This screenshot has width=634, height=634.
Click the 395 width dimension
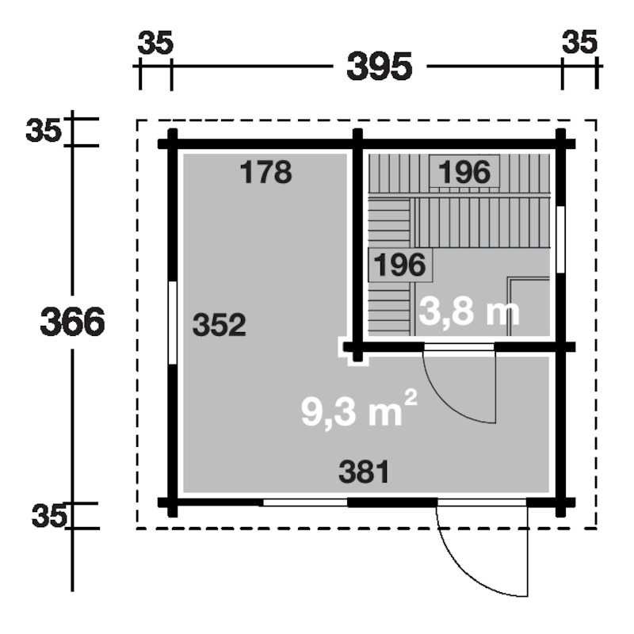click(379, 67)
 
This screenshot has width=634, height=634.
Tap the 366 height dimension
click(72, 322)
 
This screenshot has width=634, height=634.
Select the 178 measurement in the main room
click(265, 172)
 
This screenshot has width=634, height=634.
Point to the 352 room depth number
click(220, 325)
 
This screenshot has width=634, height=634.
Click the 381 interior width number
click(364, 472)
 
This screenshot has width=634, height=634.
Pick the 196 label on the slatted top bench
click(464, 172)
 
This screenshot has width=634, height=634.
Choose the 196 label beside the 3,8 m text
click(400, 265)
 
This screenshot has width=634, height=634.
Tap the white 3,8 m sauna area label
click(469, 311)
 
